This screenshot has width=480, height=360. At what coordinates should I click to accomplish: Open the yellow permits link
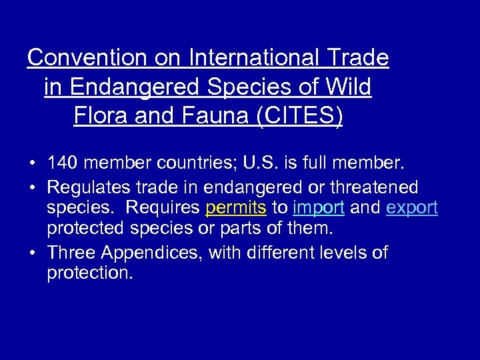(236, 208)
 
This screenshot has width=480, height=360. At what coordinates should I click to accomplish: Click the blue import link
(318, 208)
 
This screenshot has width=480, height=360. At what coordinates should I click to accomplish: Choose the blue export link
(411, 208)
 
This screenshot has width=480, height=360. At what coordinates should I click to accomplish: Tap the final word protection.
(90, 273)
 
